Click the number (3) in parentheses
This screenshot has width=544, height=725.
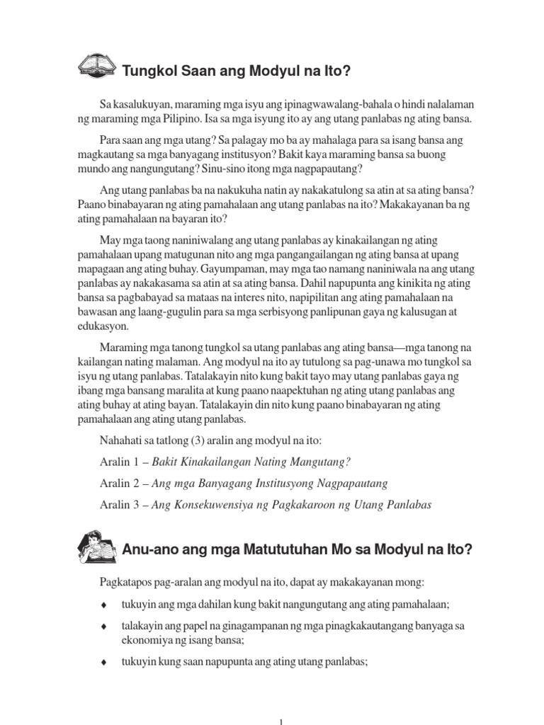(194, 440)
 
